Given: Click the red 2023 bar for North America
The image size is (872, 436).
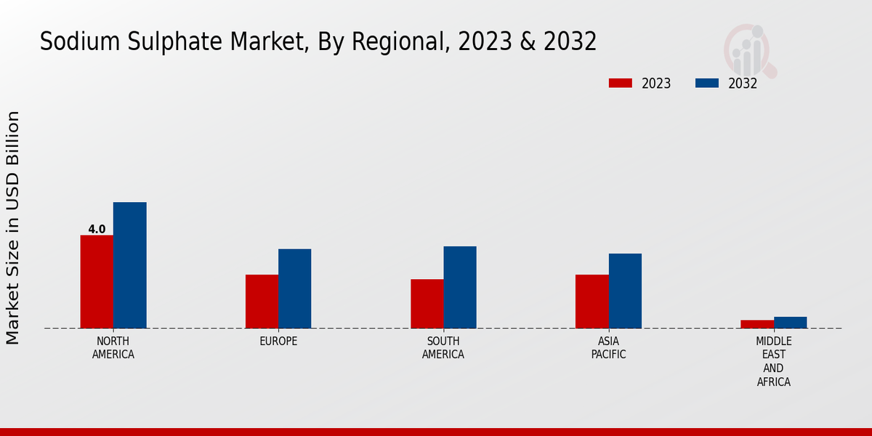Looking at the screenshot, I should (97, 281).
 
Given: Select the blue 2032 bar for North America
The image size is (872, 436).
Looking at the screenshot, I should (129, 265).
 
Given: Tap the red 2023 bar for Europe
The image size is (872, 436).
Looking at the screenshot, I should (262, 301).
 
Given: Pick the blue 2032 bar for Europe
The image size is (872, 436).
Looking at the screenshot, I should (294, 288).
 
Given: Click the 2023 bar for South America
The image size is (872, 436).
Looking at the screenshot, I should (427, 303).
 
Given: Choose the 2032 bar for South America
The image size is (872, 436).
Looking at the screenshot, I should (460, 287).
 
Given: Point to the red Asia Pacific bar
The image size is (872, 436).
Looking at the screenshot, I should (592, 301).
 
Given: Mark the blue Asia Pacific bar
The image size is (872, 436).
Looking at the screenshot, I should (625, 291).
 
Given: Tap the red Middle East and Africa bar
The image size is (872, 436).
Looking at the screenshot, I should (757, 324).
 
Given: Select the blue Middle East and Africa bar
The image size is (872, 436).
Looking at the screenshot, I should (790, 323).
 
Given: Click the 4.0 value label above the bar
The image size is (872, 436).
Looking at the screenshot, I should (97, 230).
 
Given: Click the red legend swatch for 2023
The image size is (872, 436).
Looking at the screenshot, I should (620, 83).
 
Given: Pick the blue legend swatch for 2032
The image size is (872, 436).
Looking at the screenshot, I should (706, 83).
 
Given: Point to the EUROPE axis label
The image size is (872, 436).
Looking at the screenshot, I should (278, 342).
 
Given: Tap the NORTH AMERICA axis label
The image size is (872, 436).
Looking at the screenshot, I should (113, 348).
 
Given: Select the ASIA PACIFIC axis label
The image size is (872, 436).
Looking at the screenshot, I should (608, 348).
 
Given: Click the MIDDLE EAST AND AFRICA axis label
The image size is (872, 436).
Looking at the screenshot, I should (774, 362).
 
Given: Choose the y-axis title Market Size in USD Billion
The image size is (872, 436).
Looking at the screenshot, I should (13, 227).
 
